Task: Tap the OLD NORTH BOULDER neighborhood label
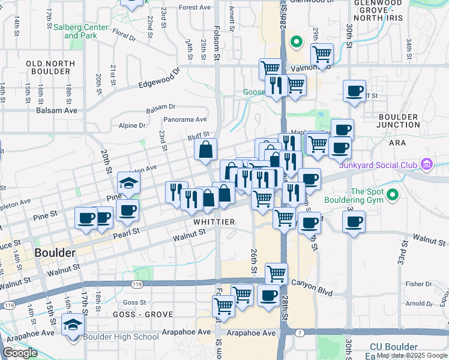coord(49,67)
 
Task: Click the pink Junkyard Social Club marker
coord(427,164)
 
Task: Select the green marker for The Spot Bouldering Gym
coord(393,195)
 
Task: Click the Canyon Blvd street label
coord(312,282)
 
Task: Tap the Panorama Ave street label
coord(185,119)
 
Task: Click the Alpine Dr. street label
coord(133,125)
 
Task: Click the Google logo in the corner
coord(20,353)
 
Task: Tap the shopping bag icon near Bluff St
coord(205,150)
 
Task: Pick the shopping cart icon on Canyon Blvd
coord(276,274)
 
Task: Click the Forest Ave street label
coord(194,8)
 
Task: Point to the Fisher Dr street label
coord(419,284)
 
